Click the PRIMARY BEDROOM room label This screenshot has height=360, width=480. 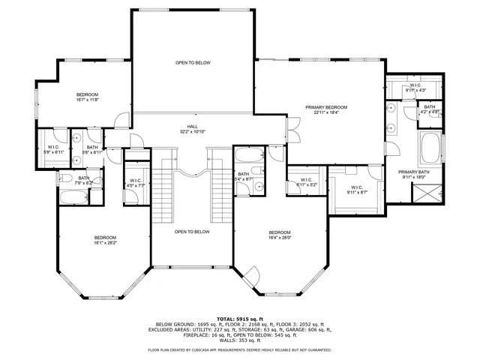click(326, 107)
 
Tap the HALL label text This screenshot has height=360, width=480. click(192, 127)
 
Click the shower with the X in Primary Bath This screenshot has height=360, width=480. click(428, 193)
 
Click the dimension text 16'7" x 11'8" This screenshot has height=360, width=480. click(88, 99)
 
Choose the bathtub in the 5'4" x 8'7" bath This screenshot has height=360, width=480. click(246, 157)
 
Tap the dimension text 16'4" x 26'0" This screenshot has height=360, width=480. click(279, 238)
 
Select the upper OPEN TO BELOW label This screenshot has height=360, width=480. click(192, 62)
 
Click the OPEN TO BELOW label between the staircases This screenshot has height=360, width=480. click(192, 232)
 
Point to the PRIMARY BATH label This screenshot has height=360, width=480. click(413, 172)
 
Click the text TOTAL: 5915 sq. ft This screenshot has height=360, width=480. click(239, 319)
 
